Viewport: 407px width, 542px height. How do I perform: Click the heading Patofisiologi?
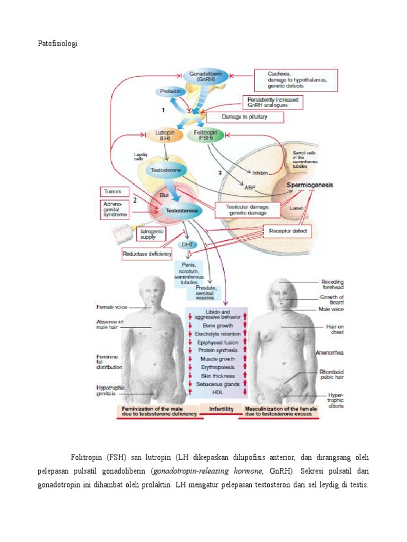point(57,44)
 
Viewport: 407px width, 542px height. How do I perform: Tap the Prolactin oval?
point(171,92)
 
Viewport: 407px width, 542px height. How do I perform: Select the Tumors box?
point(113,192)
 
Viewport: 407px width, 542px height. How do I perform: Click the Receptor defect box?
point(287,231)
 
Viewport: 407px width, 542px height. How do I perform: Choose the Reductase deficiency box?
point(147,254)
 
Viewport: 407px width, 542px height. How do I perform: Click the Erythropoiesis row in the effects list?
point(217,367)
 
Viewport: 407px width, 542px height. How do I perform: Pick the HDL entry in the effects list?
point(217,392)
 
